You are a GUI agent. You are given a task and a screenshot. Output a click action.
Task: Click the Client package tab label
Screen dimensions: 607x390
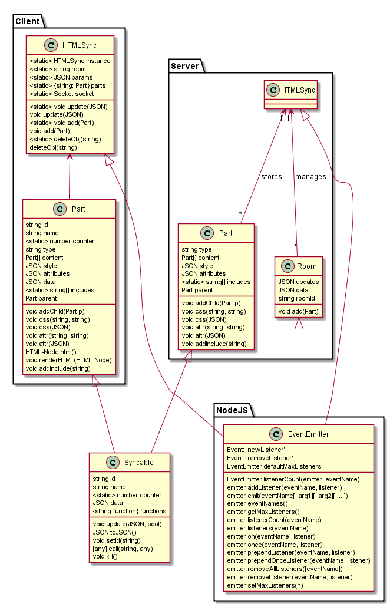[x=27, y=22]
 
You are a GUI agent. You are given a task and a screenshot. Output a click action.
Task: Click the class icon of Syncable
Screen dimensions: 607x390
[x=107, y=463]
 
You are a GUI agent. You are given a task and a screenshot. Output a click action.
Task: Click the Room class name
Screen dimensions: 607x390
[x=306, y=266]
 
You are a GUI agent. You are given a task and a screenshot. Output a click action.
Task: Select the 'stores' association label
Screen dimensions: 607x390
[x=271, y=176]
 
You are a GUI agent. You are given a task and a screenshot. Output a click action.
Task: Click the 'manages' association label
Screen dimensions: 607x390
[x=310, y=176]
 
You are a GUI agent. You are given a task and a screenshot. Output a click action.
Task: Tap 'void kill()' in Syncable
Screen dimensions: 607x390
[x=110, y=556]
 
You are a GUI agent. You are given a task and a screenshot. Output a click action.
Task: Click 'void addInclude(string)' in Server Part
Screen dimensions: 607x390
[x=214, y=344]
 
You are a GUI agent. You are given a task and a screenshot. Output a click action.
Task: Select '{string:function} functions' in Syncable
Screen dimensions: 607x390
[x=130, y=511]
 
